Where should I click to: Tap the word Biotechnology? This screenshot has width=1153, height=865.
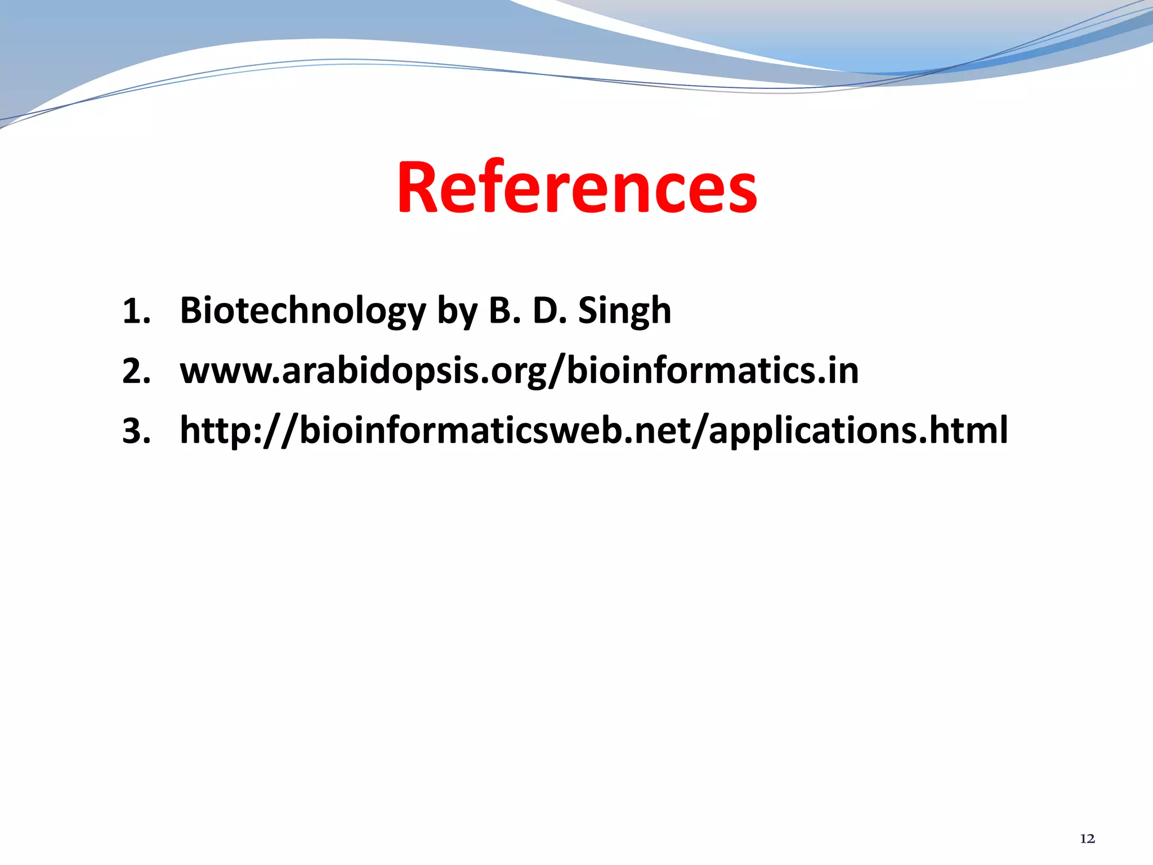pyautogui.click(x=303, y=311)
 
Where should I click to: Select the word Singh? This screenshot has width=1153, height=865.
pyautogui.click(x=624, y=311)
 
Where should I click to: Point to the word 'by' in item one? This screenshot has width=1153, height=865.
pyautogui.click(x=457, y=312)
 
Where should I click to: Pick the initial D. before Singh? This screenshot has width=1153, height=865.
pyautogui.click(x=549, y=311)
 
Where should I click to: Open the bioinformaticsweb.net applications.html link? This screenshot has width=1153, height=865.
pyautogui.click(x=593, y=431)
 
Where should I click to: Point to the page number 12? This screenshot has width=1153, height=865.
pyautogui.click(x=1088, y=839)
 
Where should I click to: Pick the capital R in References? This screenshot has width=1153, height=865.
pyautogui.click(x=418, y=188)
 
